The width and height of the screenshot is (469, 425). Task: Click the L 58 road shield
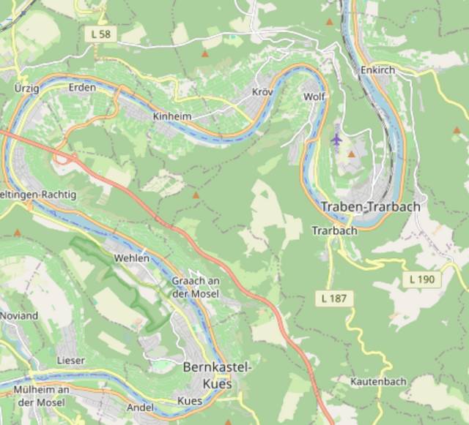(x=100, y=34)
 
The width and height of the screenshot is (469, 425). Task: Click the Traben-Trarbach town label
(x=371, y=207)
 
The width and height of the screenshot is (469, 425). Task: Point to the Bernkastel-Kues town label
(x=216, y=375)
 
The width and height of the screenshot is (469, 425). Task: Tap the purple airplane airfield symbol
(x=336, y=138)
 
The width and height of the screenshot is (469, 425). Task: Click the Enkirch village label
(x=378, y=69)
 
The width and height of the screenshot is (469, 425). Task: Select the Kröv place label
(x=262, y=92)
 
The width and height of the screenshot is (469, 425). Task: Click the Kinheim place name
(x=171, y=116)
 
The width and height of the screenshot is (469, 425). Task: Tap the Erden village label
(x=81, y=87)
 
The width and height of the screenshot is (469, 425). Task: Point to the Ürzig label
(x=26, y=87)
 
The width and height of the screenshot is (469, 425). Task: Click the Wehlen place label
(x=132, y=258)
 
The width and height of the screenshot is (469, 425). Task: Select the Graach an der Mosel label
(x=195, y=287)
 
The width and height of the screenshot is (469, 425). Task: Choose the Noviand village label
(x=19, y=316)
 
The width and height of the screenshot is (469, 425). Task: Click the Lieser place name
(x=70, y=361)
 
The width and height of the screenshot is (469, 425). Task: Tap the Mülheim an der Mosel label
(x=41, y=396)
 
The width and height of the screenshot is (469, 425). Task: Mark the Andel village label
(x=139, y=407)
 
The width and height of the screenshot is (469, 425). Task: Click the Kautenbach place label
(x=377, y=382)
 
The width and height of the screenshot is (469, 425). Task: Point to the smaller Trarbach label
(x=334, y=230)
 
